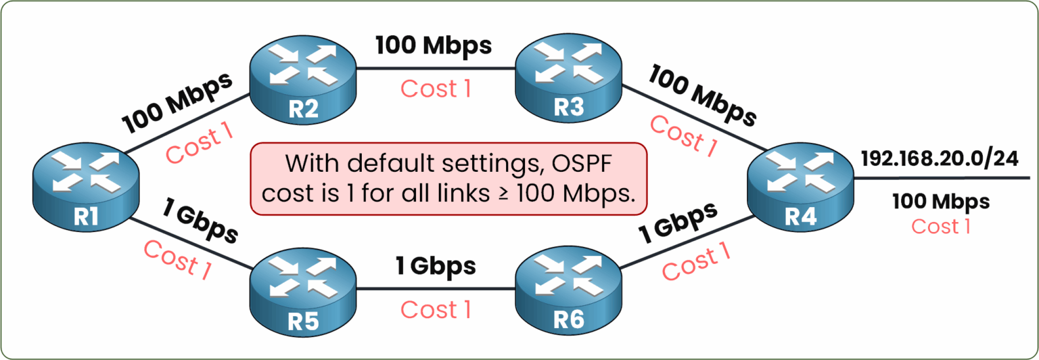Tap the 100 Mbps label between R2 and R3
tap(434, 46)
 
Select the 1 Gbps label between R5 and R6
tap(436, 266)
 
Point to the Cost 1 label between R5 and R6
tap(436, 310)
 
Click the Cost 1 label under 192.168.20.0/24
tap(941, 227)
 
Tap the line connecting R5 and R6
tap(436, 289)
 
